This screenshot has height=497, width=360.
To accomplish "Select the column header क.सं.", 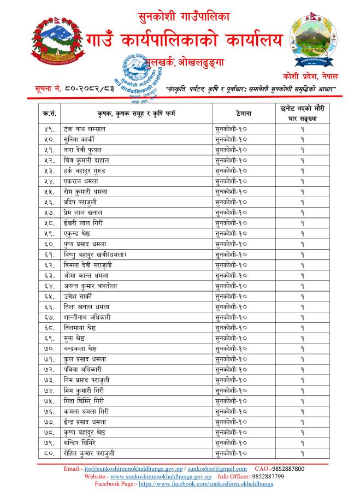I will click(48, 113).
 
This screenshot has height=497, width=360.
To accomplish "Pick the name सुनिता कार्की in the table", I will click(79, 139).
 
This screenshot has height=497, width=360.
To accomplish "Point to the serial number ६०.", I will click(48, 244).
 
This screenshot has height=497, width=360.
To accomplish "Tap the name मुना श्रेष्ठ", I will click(76, 338).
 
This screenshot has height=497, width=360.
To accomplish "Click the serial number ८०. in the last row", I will click(48, 453).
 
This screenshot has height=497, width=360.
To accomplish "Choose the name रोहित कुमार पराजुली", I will click(89, 453).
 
